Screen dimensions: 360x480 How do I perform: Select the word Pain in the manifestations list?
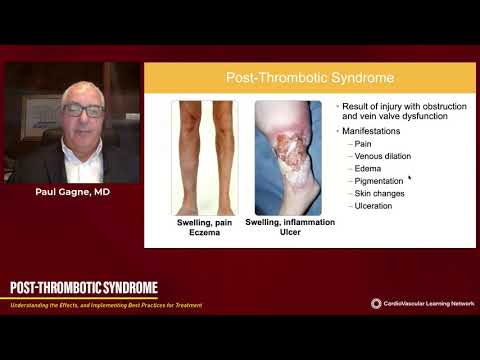click(362, 143)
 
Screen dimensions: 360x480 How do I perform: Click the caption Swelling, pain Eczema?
click(204, 228)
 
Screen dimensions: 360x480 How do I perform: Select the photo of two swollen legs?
click(204, 158)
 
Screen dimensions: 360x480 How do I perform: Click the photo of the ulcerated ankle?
click(288, 158)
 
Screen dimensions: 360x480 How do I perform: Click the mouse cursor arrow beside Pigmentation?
click(410, 179)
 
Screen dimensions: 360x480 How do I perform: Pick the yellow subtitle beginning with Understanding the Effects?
click(105, 304)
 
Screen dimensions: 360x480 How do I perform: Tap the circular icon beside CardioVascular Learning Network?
click(377, 303)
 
